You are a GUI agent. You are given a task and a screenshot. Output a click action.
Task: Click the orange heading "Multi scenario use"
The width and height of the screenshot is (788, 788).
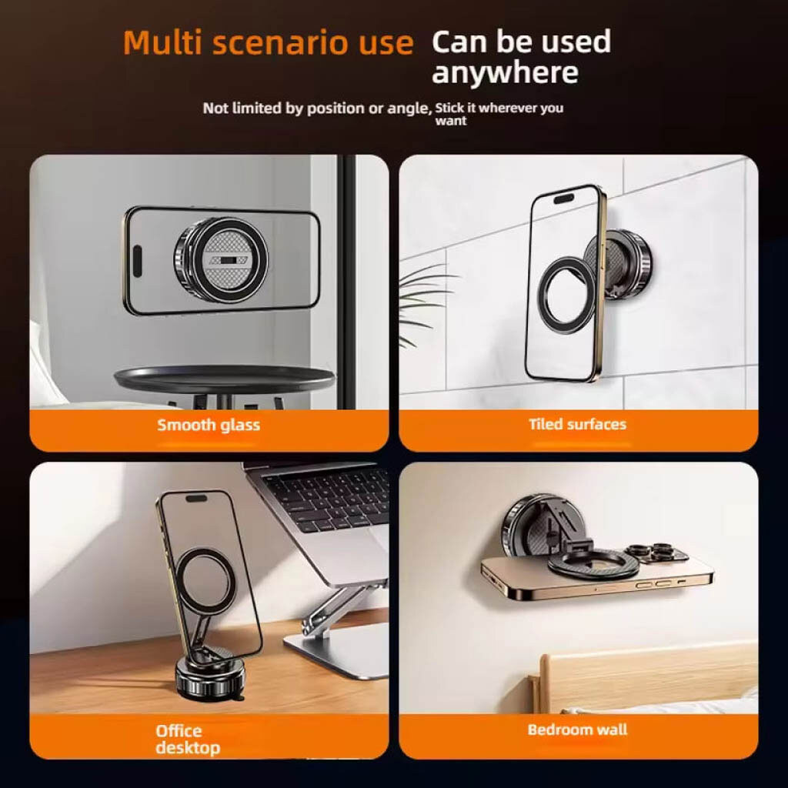tap(269, 43)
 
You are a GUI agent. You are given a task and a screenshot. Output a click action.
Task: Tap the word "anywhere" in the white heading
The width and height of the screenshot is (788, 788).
tap(505, 72)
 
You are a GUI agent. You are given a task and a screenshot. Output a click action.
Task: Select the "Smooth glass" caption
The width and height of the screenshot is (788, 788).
tap(209, 425)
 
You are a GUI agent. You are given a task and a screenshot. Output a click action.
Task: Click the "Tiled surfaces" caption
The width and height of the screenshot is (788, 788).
tap(577, 424)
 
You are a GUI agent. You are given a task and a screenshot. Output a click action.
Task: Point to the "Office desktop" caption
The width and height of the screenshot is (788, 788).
tap(188, 740)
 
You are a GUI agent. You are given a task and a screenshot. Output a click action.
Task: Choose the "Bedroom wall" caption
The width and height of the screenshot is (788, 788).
tap(577, 730)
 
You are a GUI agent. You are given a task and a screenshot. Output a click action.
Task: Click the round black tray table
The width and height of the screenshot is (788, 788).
tap(224, 379)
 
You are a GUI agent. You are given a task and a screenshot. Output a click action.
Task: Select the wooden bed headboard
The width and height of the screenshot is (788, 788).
tap(643, 673)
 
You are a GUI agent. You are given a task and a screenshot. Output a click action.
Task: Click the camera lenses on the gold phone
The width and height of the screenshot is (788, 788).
tap(656, 551)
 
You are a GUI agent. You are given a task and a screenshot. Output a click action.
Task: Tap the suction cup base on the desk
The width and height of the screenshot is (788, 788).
tap(210, 676)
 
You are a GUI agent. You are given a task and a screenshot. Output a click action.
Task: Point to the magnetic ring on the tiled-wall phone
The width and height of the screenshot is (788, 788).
tap(567, 295)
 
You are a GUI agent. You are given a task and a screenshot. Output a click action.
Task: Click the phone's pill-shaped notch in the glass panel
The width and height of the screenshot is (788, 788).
tap(137, 261)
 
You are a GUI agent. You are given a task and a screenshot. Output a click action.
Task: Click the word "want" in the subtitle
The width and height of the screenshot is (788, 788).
tap(451, 121)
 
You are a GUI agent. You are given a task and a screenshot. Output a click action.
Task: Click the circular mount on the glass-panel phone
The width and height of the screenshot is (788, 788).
tap(222, 260)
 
